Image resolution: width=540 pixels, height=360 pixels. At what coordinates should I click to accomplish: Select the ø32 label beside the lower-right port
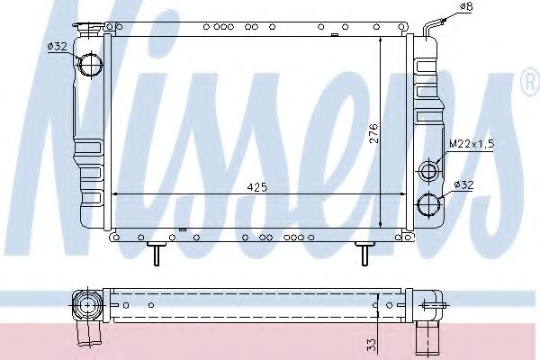tap(464, 184)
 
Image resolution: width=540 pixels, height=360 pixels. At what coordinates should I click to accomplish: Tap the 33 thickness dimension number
tap(370, 343)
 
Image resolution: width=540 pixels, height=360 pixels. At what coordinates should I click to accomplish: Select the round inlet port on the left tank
tap(90, 65)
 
